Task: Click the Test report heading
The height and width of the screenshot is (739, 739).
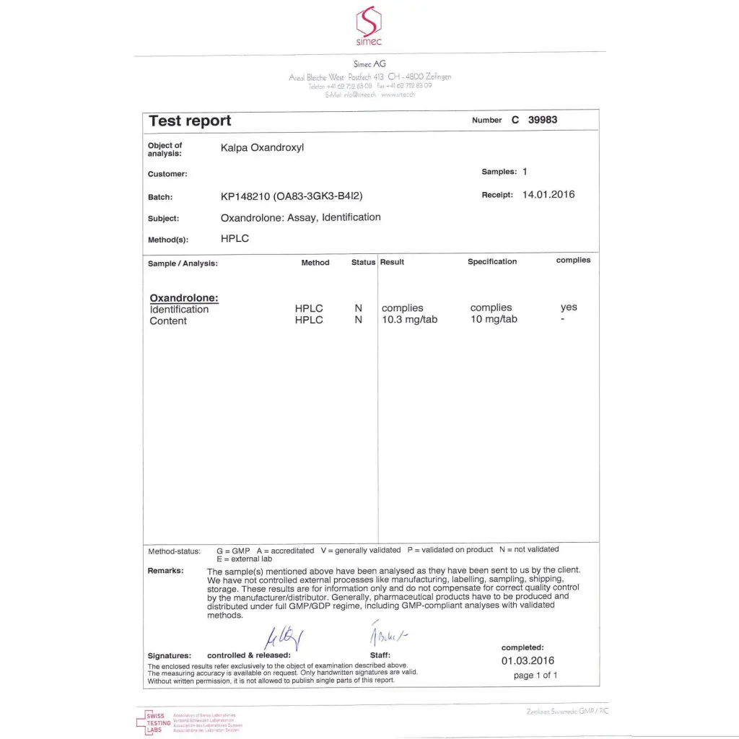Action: point(190,121)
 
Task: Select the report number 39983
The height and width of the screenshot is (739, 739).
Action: point(543,120)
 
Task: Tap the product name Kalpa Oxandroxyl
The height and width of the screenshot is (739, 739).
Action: point(262,147)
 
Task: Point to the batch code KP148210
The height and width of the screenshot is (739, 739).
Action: point(245,196)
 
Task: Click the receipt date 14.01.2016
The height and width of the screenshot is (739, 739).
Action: point(548,195)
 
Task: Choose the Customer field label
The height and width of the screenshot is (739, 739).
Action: point(167,174)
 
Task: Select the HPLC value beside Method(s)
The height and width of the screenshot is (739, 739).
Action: point(235,238)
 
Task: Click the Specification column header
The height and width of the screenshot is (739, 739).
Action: point(492,261)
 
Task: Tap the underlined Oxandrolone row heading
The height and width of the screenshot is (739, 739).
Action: point(184,298)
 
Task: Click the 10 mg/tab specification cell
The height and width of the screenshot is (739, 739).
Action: point(494,320)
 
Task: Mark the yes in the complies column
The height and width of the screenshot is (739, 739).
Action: point(569,307)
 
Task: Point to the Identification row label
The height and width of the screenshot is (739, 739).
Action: point(179,310)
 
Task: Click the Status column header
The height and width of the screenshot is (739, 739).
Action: point(363,262)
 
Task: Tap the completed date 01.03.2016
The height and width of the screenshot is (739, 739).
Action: point(528,660)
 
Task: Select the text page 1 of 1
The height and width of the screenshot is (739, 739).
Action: point(535,675)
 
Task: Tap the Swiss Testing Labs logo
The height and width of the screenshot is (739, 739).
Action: point(154,722)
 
